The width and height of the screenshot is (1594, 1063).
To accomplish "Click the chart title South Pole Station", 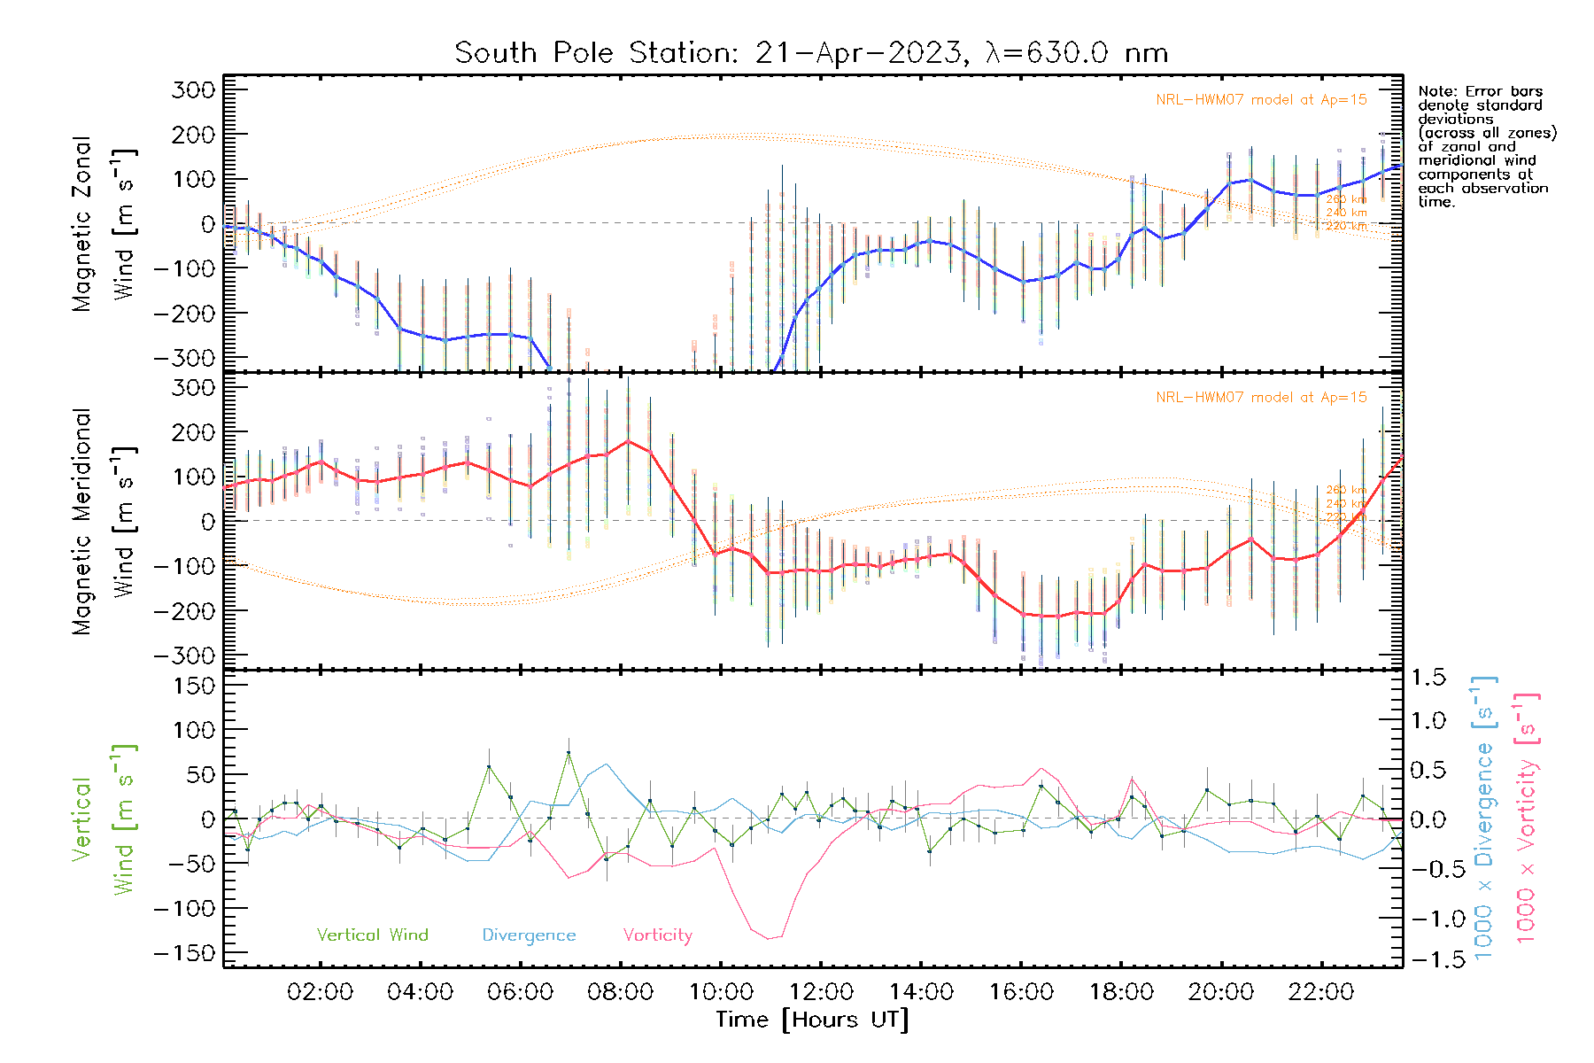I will pos(810,53).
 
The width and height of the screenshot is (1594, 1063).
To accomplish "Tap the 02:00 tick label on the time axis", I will pos(320,992).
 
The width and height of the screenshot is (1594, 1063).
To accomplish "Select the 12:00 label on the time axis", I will pos(821,992).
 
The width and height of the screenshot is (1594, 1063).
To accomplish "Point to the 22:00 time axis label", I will pos(1320,992).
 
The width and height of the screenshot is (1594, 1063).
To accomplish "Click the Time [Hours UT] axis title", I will pos(812,1020).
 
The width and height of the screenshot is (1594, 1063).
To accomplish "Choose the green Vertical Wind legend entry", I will pos(372,935).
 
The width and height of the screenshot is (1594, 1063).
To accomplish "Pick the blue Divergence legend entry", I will pos(529,935).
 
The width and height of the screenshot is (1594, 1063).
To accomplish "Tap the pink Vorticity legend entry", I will pos(657,935).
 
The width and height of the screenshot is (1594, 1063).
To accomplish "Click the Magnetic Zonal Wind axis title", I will pos(102,224).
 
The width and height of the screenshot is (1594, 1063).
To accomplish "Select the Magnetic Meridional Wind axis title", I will pos(102,522).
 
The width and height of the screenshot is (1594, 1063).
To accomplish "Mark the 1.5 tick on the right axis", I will pos(1428,678).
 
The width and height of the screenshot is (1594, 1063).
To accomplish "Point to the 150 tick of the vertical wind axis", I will pos(195,686).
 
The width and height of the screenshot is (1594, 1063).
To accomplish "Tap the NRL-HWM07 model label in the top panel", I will pos(1261,100).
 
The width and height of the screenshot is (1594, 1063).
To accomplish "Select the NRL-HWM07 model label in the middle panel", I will pos(1261,398).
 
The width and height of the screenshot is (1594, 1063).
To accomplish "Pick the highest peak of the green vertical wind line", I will pos(569,753).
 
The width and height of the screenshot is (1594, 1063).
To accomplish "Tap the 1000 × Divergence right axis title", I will pos(1483,818).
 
